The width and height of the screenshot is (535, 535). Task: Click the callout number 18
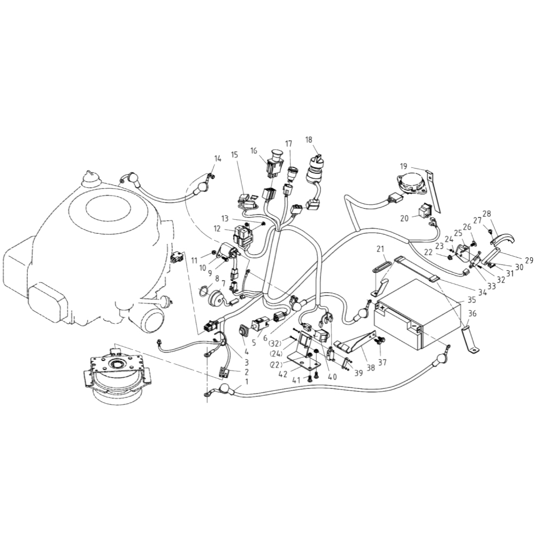[309, 140]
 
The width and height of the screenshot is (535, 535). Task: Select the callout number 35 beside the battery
[471, 300]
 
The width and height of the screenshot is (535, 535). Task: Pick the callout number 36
[472, 314]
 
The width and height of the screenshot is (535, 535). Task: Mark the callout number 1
[247, 383]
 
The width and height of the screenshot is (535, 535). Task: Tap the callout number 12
[217, 228]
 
